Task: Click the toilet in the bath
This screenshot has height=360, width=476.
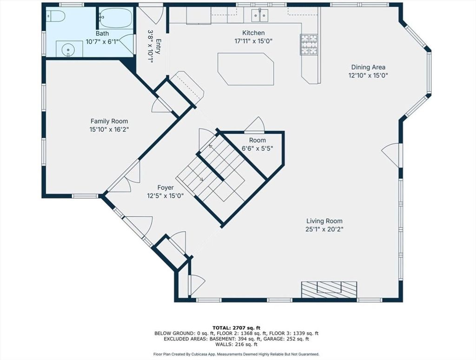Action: pyautogui.click(x=56, y=16)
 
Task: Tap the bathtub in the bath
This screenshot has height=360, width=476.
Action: pyautogui.click(x=116, y=18)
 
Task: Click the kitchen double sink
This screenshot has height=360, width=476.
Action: pyautogui.click(x=259, y=15)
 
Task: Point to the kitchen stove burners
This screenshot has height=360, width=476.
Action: pyautogui.click(x=309, y=45)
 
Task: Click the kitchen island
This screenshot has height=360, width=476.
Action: pyautogui.click(x=245, y=69)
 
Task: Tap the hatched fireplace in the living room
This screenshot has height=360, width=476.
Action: pyautogui.click(x=329, y=289)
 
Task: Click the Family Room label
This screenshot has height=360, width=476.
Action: pyautogui.click(x=109, y=121)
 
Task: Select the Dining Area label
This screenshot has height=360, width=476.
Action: pyautogui.click(x=368, y=67)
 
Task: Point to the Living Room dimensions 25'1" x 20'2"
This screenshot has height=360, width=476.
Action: pyautogui.click(x=324, y=229)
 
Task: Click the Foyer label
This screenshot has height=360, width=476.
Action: pyautogui.click(x=165, y=187)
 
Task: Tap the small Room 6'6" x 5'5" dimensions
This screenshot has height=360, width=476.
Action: pyautogui.click(x=258, y=148)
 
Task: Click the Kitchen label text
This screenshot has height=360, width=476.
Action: pyautogui.click(x=253, y=33)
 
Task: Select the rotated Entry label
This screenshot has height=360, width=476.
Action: pyautogui.click(x=158, y=46)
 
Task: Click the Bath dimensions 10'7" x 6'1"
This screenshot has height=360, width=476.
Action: pyautogui.click(x=102, y=41)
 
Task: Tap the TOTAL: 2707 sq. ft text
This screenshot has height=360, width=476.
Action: pyautogui.click(x=237, y=328)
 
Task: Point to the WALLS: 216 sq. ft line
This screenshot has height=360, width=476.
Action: pyautogui.click(x=237, y=345)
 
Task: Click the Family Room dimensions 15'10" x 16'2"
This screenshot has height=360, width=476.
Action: pyautogui.click(x=109, y=129)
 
